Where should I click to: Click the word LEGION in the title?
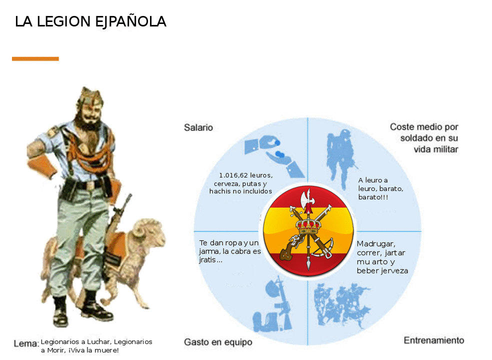[x=63, y=21]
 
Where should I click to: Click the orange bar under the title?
[x=35, y=58]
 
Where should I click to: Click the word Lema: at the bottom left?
[x=26, y=343]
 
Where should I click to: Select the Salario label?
[x=198, y=127]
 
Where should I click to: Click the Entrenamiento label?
[x=434, y=340]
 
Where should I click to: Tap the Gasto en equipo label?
[x=218, y=342]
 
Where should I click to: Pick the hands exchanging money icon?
[x=274, y=155]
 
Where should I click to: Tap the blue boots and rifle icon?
[x=273, y=304]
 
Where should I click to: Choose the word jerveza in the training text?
[x=395, y=271]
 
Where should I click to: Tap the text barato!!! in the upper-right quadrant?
[x=373, y=197]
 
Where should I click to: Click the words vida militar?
[x=436, y=149]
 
